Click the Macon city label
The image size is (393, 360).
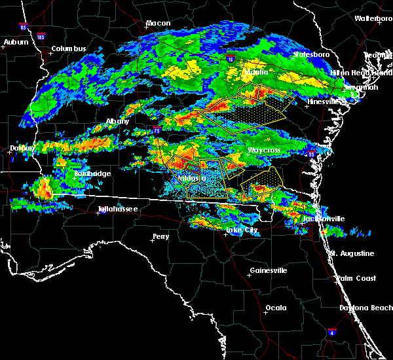[x=158, y=24]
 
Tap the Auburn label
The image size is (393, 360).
[x=16, y=43]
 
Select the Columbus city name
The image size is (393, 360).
[x=69, y=49]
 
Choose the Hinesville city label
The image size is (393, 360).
[x=324, y=102]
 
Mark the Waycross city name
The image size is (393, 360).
[x=264, y=151]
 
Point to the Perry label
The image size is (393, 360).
[x=160, y=236]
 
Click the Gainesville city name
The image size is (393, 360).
[x=269, y=270]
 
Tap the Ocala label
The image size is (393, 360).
[x=275, y=308]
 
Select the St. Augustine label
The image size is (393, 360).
[x=352, y=253]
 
